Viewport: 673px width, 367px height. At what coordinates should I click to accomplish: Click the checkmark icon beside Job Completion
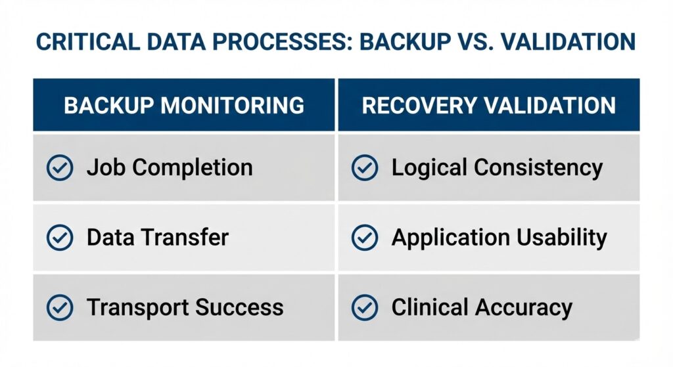coord(60,168)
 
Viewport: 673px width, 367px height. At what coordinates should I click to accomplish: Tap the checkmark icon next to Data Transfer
coord(60,238)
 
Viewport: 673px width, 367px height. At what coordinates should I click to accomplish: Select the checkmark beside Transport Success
coord(60,307)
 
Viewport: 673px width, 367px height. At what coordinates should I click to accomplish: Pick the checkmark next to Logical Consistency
coord(365,168)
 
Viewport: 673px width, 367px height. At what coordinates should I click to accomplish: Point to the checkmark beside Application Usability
coord(365,238)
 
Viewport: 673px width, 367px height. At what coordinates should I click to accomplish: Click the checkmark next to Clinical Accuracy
coord(365,307)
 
